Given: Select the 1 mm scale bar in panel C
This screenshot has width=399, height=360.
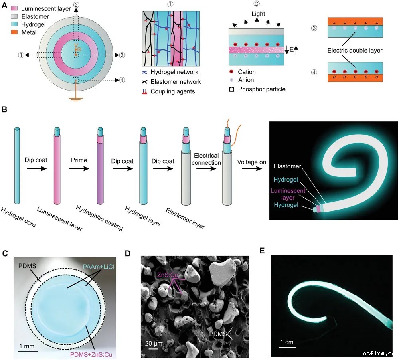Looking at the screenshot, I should click(x=28, y=351).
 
